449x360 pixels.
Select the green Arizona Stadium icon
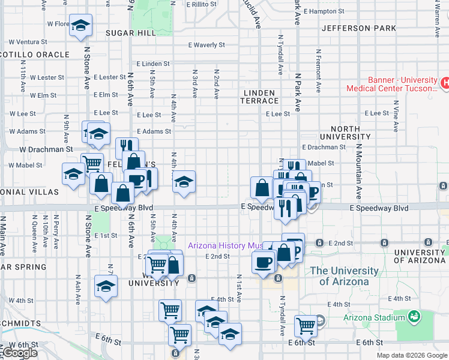[412, 316]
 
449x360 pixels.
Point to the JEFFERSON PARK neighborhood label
[359, 28]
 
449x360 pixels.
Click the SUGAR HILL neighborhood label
[130, 33]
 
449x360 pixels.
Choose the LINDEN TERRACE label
[261, 97]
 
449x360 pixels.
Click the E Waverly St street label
[206, 45]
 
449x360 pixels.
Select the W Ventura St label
[28, 42]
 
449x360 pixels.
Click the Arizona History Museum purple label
[225, 245]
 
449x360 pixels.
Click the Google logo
[20, 353]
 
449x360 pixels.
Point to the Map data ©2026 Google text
[411, 355]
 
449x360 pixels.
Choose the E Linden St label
[152, 64]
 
